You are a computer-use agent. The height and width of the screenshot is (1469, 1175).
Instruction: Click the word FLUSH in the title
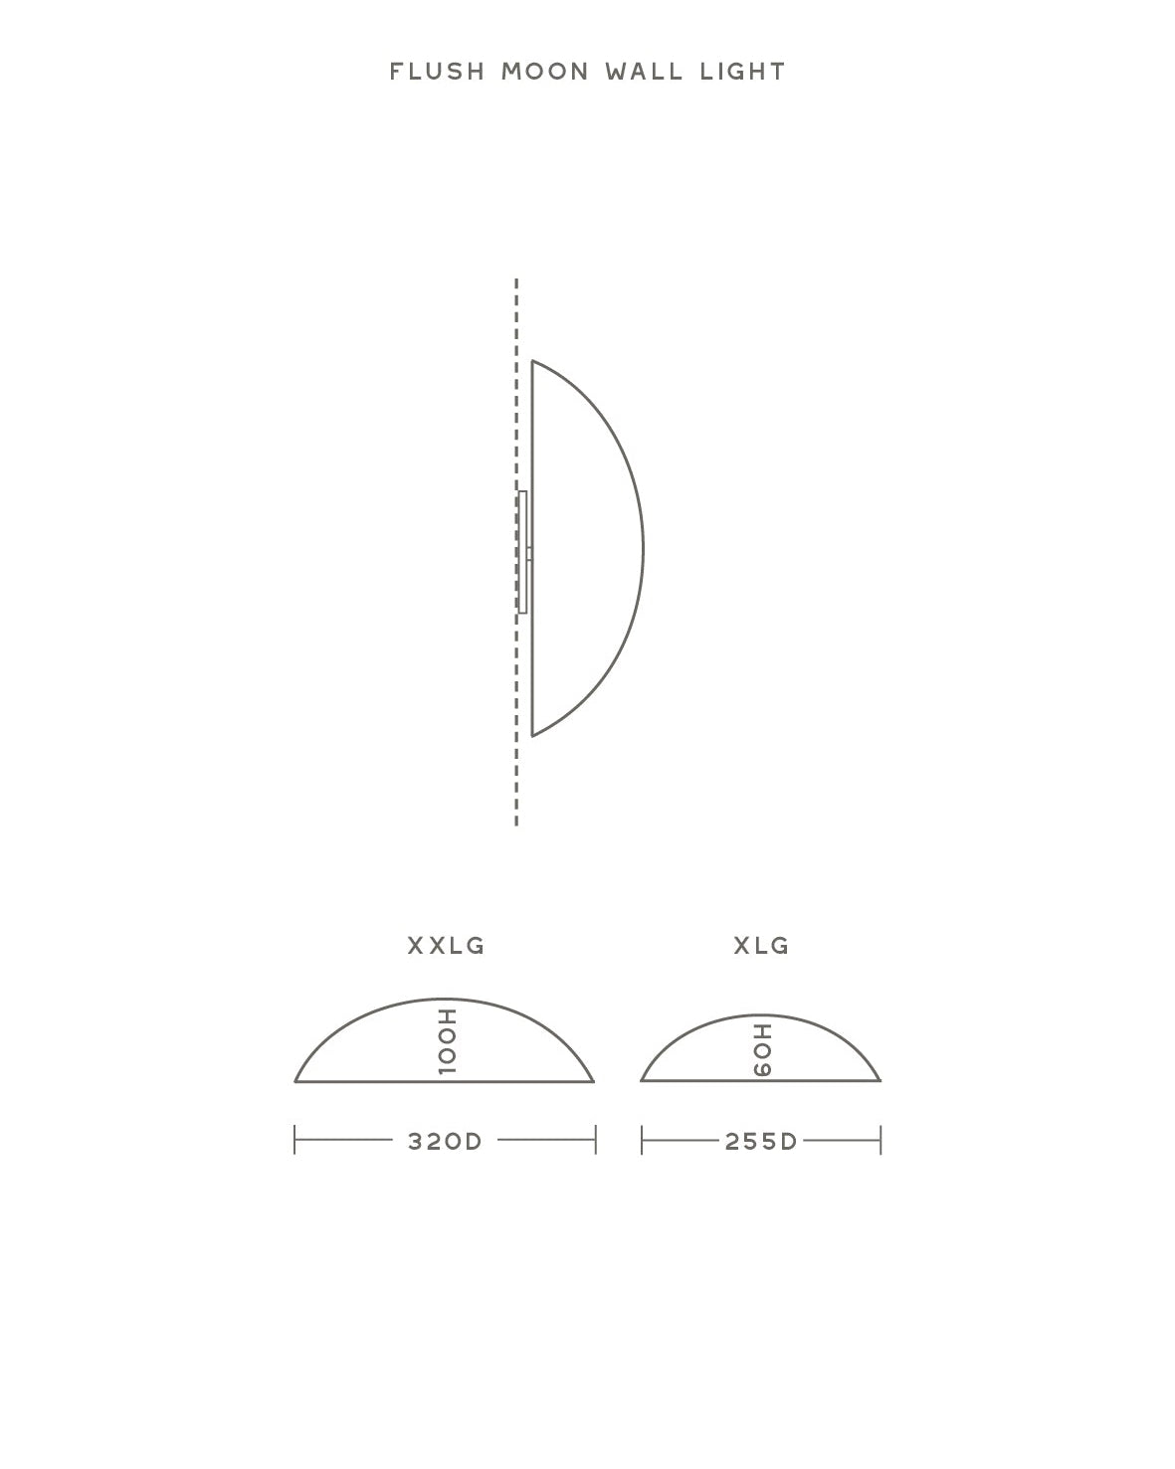coord(437,71)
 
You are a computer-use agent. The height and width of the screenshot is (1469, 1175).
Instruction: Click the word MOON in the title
coord(545,71)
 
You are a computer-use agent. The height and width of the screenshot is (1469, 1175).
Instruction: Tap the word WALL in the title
coord(644,71)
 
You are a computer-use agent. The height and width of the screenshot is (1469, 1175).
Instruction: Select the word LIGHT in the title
coord(743,71)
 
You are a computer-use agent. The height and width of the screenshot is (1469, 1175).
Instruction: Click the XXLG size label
coord(446,946)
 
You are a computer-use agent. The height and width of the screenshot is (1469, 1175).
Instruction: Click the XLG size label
coord(761,946)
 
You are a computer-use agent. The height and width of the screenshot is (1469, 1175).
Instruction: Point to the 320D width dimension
coord(445,1142)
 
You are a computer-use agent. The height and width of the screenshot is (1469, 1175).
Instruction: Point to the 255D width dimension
coord(761,1142)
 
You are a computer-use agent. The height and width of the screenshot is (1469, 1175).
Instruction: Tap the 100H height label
coord(447,1041)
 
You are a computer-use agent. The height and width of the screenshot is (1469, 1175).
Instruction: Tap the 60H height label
coord(762,1050)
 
